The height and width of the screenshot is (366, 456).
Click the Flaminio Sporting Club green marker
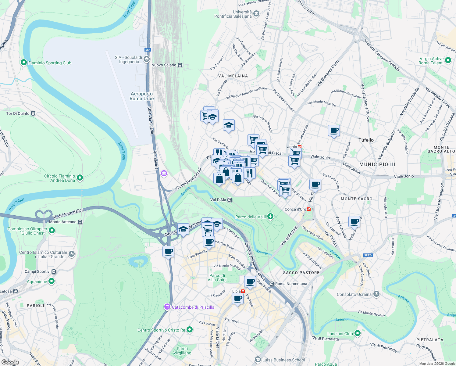click(24, 63)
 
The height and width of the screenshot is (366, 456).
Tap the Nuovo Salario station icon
click(180, 65)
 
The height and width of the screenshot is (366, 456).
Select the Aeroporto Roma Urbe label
click(142, 96)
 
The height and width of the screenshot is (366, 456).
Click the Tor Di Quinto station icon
click(33, 113)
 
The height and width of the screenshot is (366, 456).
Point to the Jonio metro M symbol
click(300, 147)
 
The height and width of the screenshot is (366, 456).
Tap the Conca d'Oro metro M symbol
click(309, 209)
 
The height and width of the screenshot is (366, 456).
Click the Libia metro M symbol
click(243, 291)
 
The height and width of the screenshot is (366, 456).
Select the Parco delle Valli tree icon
click(270, 217)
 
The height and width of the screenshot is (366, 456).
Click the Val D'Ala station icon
click(230, 200)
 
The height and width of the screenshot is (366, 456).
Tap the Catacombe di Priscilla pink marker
click(167, 307)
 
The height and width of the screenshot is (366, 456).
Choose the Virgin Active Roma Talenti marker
click(448, 60)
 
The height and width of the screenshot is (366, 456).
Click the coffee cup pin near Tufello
click(334, 131)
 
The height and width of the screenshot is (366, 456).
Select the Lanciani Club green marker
click(358, 333)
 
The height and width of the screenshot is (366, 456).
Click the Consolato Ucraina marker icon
click(376, 294)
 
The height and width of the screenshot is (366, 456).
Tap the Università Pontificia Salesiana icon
click(256, 13)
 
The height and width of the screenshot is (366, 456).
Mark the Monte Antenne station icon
click(80, 222)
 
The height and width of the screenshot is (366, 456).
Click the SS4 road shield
click(148, 50)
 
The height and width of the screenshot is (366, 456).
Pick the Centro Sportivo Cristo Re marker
click(190, 330)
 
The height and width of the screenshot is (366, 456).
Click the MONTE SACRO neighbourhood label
click(356, 199)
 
